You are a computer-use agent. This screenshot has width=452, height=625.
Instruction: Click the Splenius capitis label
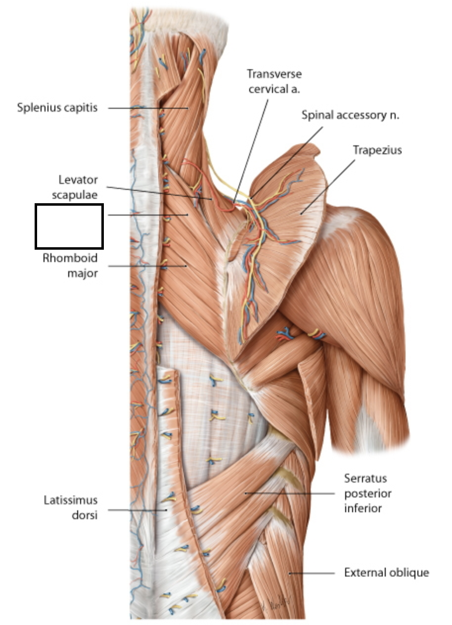click(57, 107)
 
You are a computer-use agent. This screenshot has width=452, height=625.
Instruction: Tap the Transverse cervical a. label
click(274, 82)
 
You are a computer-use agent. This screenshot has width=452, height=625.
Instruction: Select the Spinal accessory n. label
click(350, 116)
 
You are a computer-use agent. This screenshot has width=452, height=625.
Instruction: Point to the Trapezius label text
click(377, 150)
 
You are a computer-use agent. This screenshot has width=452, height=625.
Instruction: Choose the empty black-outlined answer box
click(69, 226)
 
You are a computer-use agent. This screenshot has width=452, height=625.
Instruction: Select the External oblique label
click(386, 573)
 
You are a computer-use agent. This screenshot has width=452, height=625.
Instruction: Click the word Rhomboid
click(70, 258)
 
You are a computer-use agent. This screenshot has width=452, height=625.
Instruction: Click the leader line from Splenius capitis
click(148, 108)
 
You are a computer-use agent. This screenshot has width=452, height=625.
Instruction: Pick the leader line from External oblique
click(312, 573)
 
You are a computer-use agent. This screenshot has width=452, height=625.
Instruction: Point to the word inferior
click(363, 508)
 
